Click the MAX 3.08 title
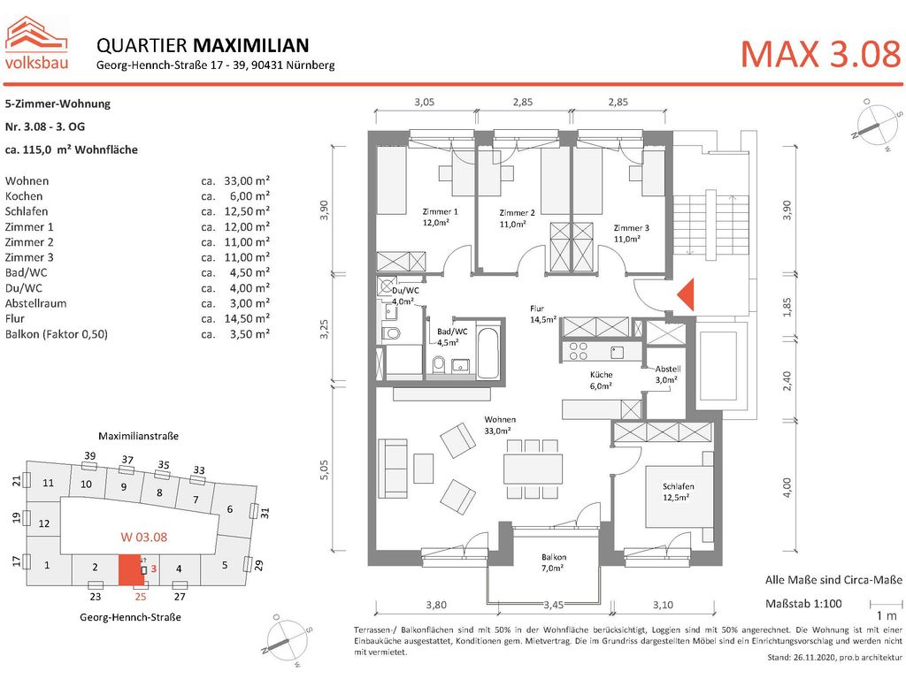tap(819, 54)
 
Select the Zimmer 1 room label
tap(441, 217)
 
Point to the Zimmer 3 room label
tap(632, 233)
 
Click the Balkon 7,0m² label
tap(554, 562)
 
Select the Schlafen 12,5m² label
tap(677, 492)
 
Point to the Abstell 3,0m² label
tap(665, 374)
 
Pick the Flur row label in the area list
tap(15, 318)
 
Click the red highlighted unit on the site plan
tap(130, 570)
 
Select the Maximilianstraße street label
tap(139, 436)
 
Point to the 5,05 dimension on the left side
tap(325, 469)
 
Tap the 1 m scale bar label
tap(885, 614)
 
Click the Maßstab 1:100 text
tap(802, 604)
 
